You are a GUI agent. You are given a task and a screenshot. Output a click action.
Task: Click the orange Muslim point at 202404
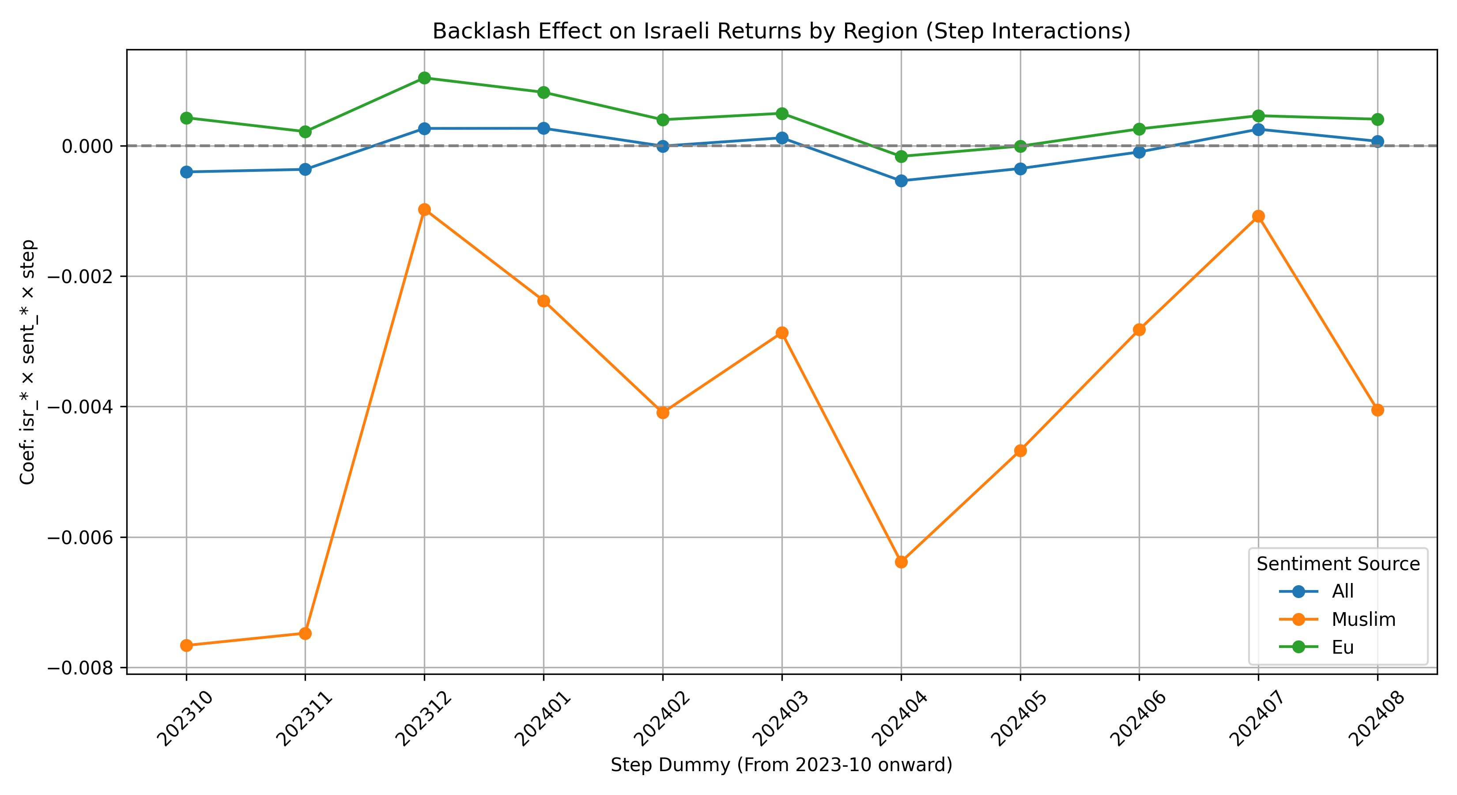click(x=901, y=562)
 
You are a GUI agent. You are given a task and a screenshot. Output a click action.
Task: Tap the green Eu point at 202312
click(x=424, y=78)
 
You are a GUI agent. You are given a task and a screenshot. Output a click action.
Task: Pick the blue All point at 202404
click(x=901, y=181)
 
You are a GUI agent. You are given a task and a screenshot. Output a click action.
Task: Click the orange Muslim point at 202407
click(x=1258, y=216)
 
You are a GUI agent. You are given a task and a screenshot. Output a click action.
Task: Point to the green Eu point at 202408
click(x=1377, y=119)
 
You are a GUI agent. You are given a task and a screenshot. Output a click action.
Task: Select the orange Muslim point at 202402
click(x=663, y=413)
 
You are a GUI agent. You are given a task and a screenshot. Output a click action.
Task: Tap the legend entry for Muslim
click(x=1363, y=620)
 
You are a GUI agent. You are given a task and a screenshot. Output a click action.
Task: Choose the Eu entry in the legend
click(x=1342, y=647)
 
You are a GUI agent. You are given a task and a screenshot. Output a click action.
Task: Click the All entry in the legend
click(x=1342, y=591)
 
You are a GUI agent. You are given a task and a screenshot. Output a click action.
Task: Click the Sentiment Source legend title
click(x=1338, y=564)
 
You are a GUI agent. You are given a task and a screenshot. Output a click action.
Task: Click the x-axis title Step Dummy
click(x=781, y=765)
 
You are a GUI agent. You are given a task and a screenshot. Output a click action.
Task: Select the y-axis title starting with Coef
click(x=28, y=362)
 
